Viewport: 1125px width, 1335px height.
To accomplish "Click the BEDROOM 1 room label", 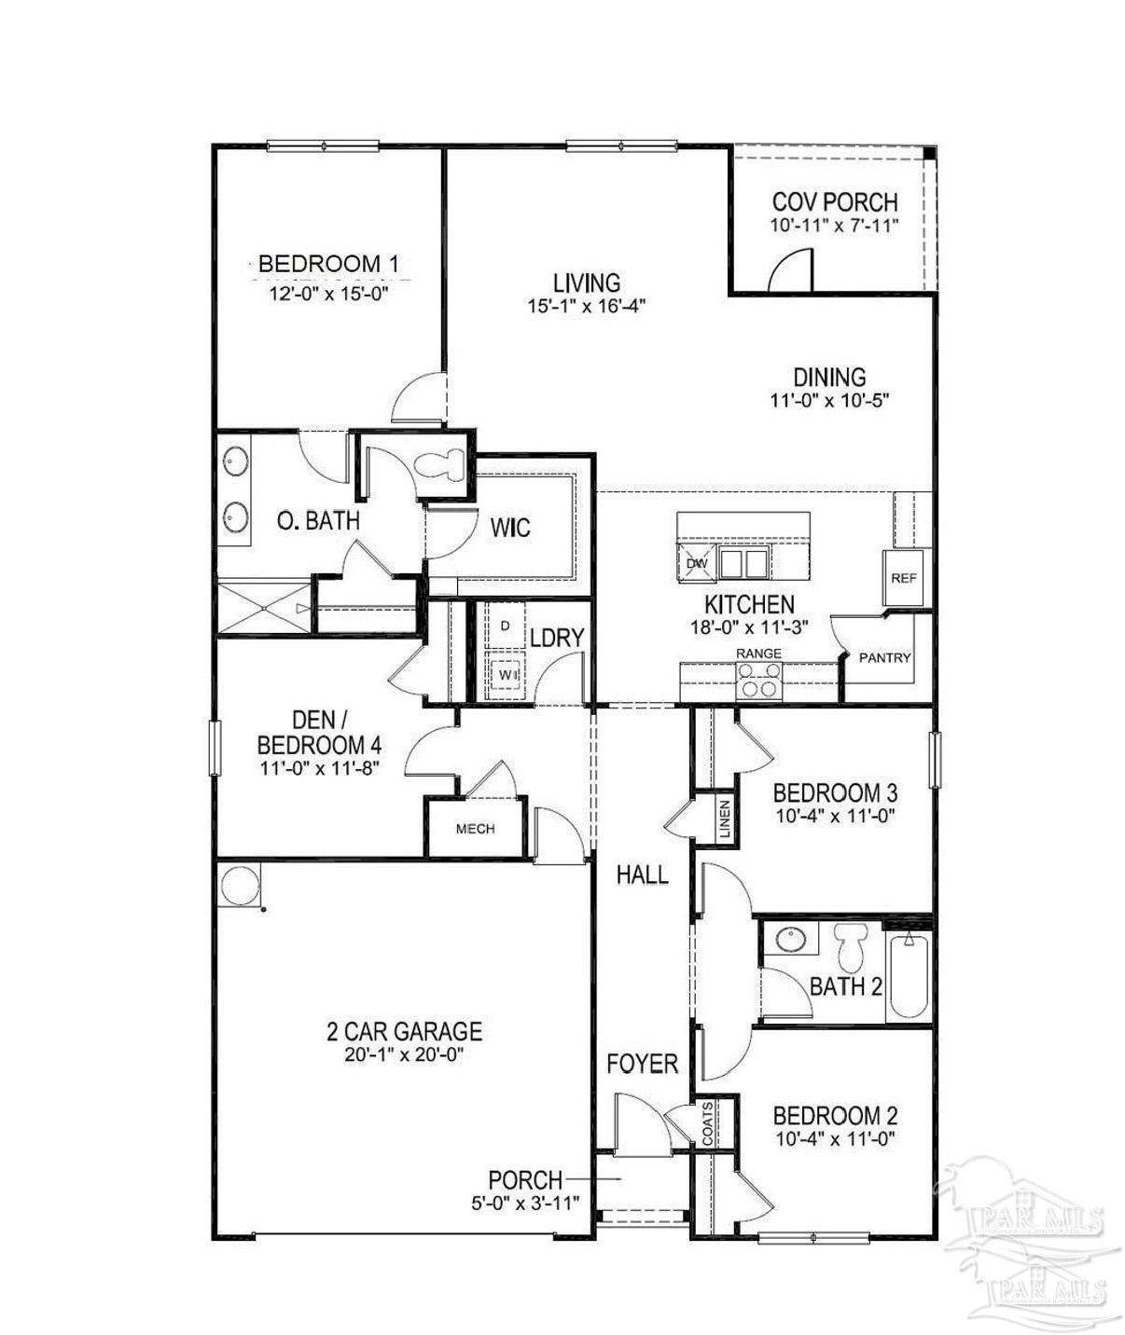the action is point(328,264).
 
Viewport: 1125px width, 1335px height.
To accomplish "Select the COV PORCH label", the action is point(835,202).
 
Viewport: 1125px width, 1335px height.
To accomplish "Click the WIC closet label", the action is point(510,528).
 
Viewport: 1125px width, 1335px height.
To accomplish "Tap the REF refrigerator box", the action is point(904,578).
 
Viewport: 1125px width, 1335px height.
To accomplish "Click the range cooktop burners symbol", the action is point(759,680).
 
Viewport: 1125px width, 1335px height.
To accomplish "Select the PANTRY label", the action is point(885,657).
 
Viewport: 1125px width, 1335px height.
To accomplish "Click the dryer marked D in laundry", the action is point(505,626).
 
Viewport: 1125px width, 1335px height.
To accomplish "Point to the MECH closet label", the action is point(476,829).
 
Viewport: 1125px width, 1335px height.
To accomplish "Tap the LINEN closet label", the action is point(725,819).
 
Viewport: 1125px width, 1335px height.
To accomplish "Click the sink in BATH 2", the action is point(792,939).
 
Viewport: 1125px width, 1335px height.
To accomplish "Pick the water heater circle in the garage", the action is point(240,884).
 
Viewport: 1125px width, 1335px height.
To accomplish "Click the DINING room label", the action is point(829,376).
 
